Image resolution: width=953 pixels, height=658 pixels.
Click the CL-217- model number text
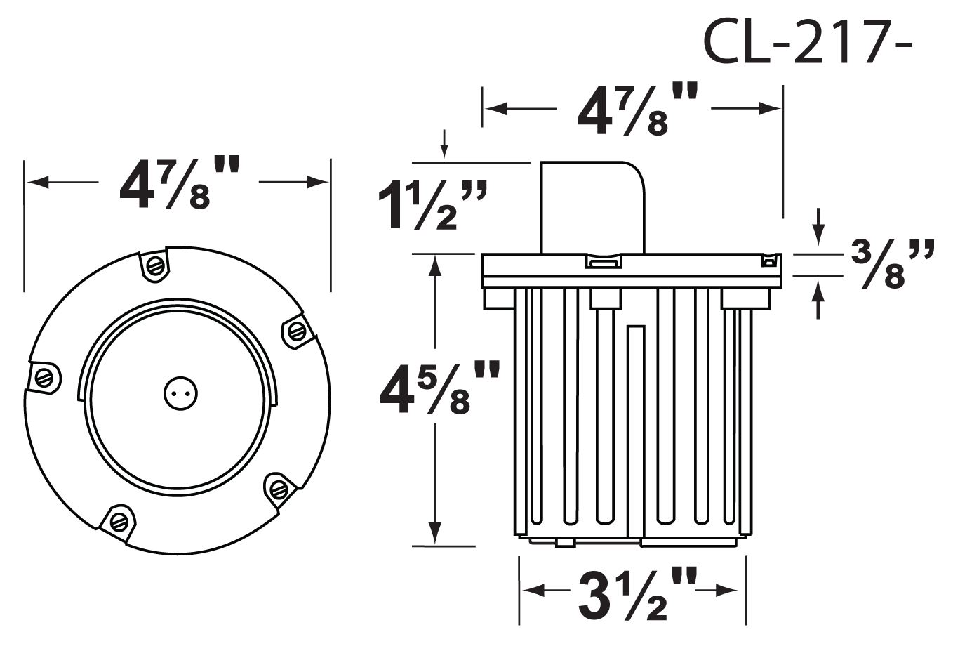click(807, 42)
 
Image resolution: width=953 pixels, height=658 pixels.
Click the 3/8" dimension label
click(893, 265)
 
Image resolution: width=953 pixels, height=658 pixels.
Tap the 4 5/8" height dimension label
click(438, 388)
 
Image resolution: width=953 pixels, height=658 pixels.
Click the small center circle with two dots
click(180, 394)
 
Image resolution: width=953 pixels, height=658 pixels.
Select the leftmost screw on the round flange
click(45, 376)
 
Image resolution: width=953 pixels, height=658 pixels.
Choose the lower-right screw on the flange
click(280, 487)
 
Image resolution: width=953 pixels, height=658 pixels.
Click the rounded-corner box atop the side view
click(591, 207)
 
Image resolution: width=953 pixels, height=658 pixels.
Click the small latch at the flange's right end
click(769, 262)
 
